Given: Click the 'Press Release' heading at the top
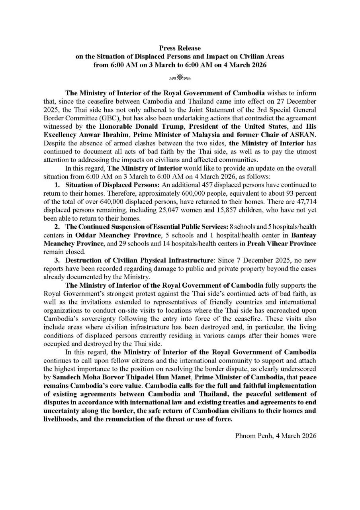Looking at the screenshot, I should [180, 48].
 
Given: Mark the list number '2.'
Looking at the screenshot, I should [57, 227].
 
